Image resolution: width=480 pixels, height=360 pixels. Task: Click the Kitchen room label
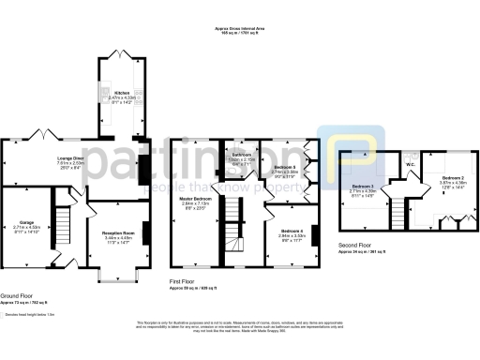point(122,93)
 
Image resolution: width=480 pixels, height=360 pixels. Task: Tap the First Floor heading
point(182,280)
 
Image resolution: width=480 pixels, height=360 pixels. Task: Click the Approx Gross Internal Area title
point(239,30)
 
